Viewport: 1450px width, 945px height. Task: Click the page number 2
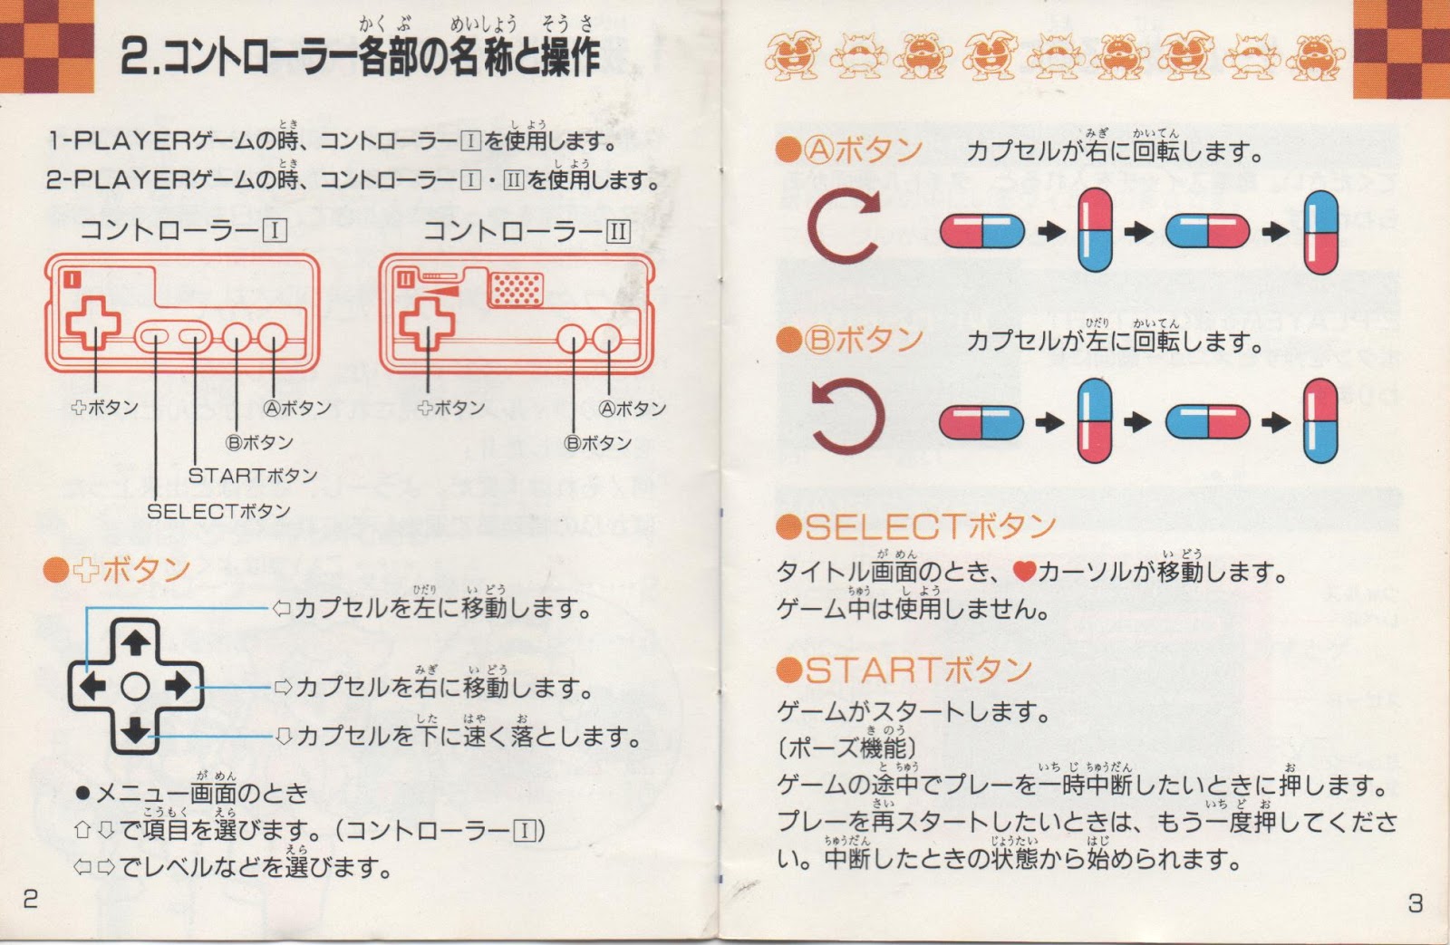[31, 898]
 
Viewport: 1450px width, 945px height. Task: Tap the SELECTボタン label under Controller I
[218, 511]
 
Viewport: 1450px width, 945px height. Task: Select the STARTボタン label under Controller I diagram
[252, 476]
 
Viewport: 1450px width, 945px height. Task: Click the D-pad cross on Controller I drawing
[93, 323]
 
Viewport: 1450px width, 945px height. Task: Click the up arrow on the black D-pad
[136, 643]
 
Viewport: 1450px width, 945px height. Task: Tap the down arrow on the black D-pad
[136, 729]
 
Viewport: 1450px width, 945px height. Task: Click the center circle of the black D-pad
[136, 687]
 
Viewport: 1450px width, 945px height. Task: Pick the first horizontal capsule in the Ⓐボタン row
[981, 231]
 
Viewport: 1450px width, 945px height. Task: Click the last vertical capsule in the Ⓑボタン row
[1320, 421]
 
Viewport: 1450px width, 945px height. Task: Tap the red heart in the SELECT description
[1024, 572]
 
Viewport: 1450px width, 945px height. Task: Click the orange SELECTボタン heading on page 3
[916, 526]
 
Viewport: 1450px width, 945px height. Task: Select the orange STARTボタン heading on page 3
[904, 670]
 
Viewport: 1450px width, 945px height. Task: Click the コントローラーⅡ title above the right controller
[527, 231]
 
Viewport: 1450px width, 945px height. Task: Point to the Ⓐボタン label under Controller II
[633, 409]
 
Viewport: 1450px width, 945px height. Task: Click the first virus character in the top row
[792, 53]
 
